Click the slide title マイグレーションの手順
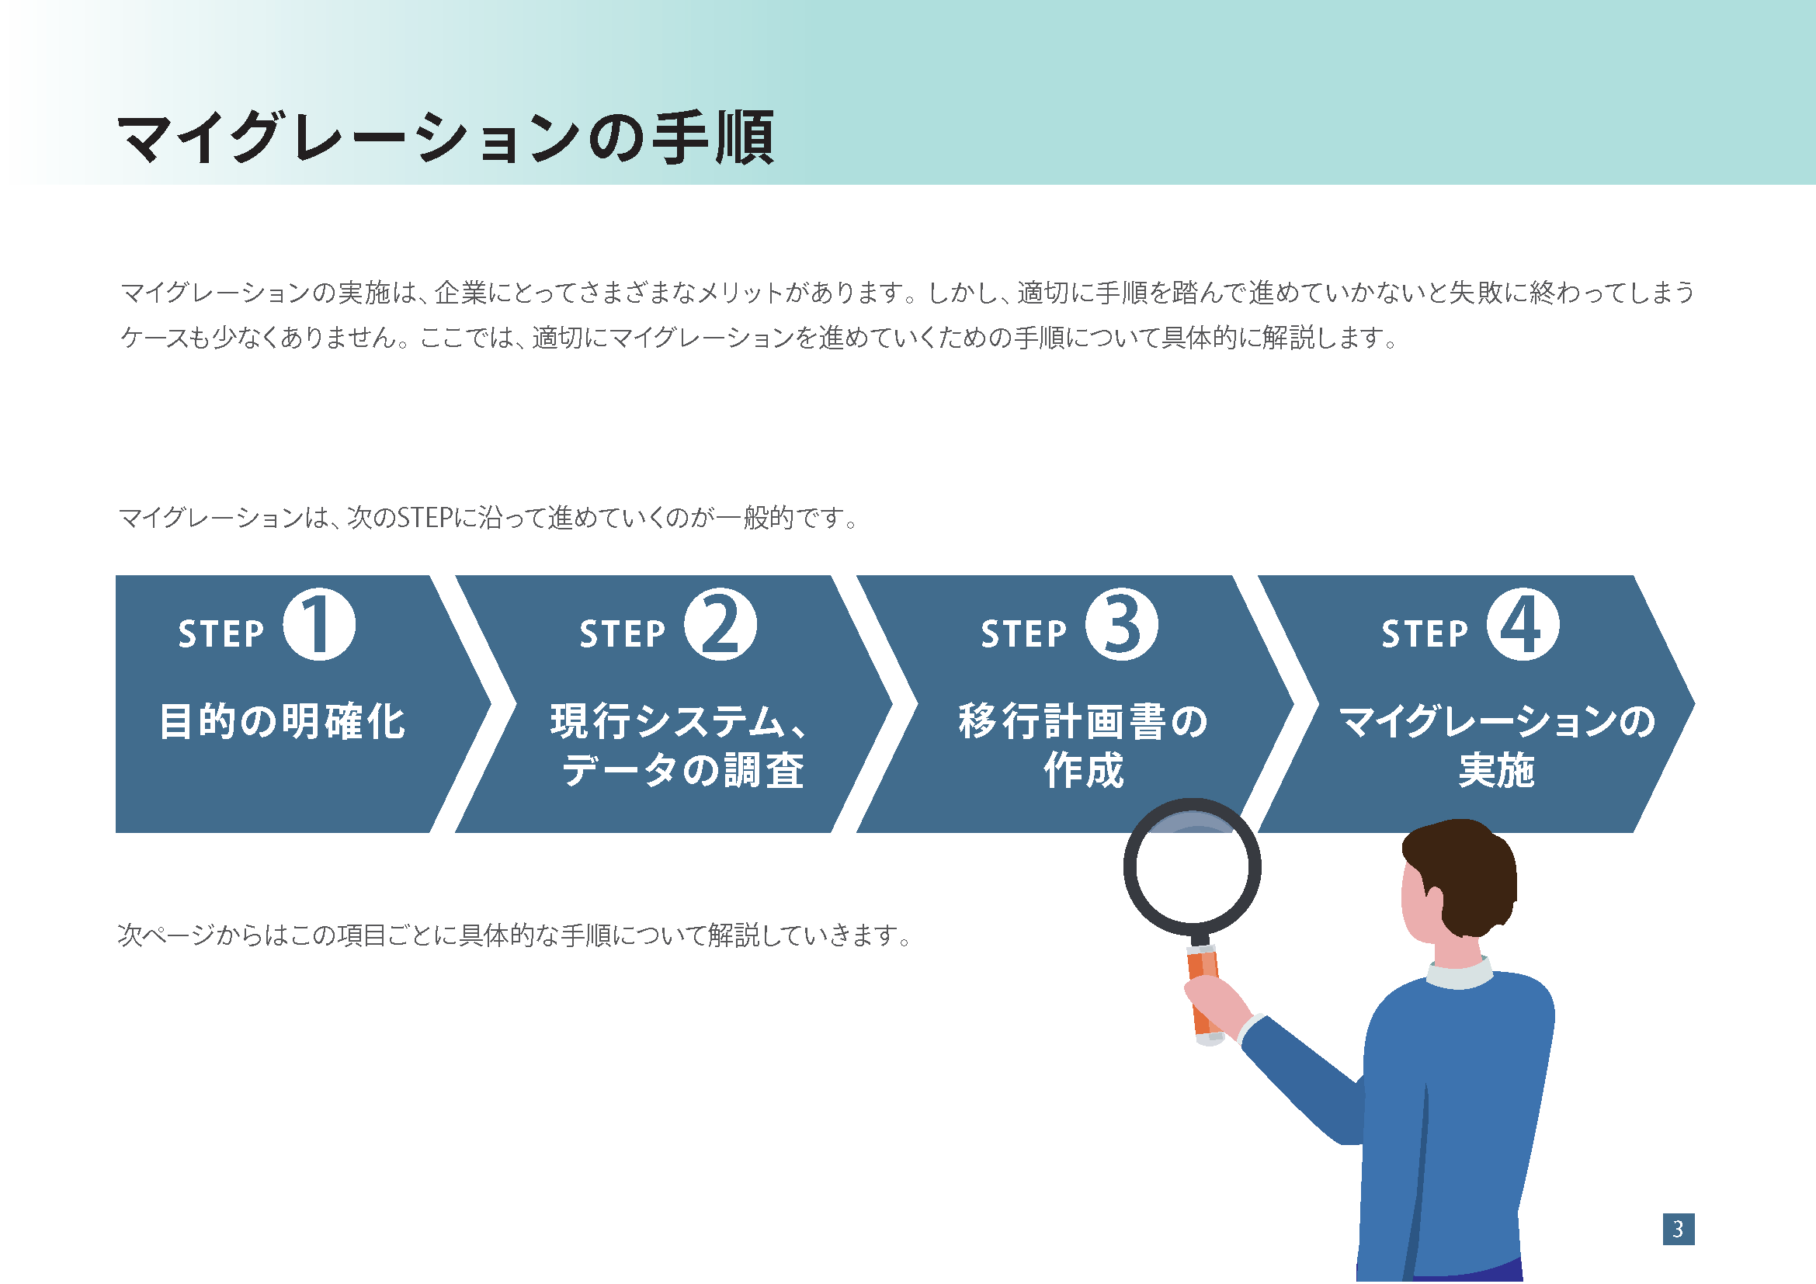[446, 138]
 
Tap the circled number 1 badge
[320, 625]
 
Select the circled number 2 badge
[720, 625]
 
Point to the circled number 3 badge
[1122, 625]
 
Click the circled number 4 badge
[1523, 625]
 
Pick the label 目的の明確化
[283, 721]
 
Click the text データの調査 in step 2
[683, 770]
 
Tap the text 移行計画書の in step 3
[1084, 721]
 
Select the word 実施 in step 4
[1496, 770]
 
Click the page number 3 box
[1679, 1230]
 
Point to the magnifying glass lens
[1192, 866]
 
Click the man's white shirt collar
[1460, 973]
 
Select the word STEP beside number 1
[220, 634]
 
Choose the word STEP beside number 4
[1425, 634]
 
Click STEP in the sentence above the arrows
[425, 518]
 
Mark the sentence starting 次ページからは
[515, 935]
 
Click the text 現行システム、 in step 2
[679, 721]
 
